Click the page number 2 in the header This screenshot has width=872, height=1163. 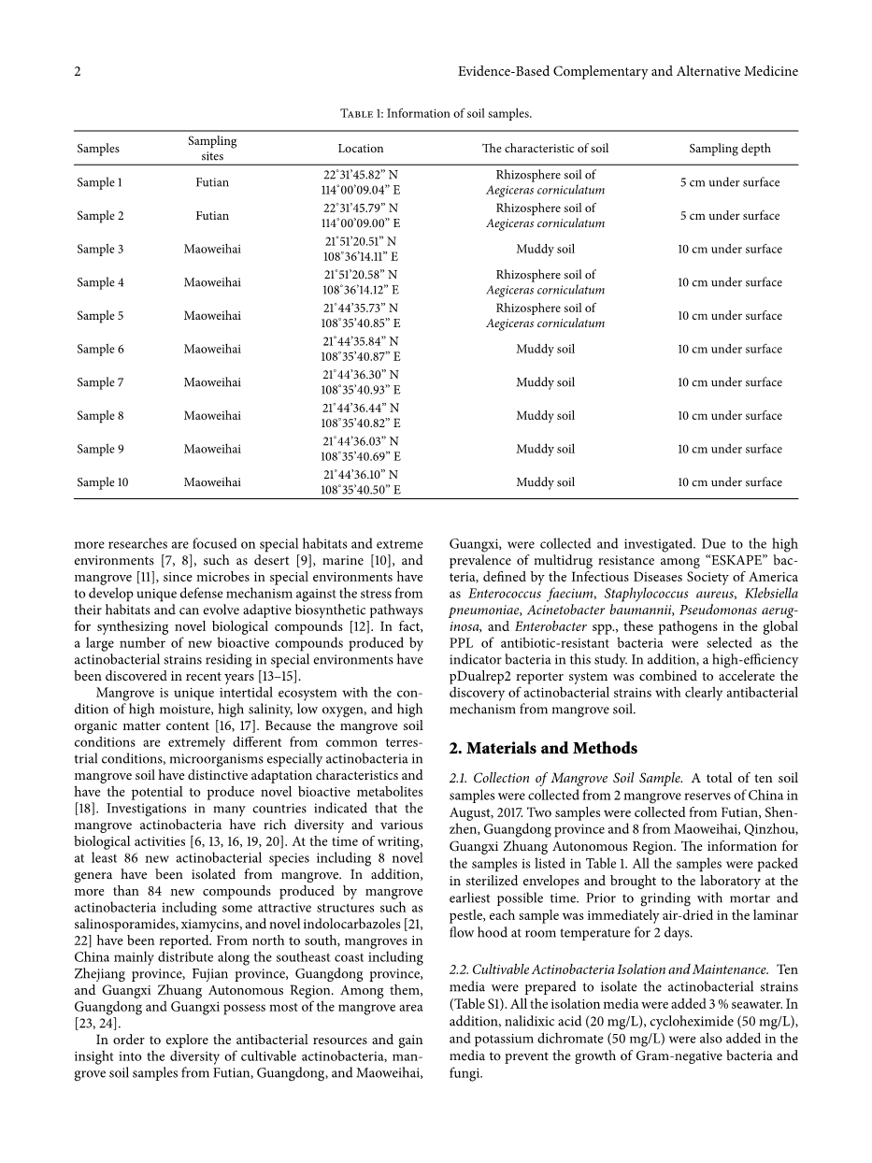pos(79,72)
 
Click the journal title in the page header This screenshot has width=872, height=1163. pos(628,72)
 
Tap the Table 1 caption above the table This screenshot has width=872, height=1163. pos(436,114)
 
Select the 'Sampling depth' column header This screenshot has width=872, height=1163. pos(729,148)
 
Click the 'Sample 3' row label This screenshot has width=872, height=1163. pos(100,250)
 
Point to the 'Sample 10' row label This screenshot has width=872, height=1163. pos(103,482)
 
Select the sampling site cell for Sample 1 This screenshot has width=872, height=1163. pos(212,182)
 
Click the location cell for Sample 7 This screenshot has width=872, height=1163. pos(361,382)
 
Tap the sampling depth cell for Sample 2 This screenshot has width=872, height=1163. pos(729,216)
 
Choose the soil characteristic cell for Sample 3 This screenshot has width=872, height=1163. pos(545,250)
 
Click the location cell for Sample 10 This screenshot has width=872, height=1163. pos(361,482)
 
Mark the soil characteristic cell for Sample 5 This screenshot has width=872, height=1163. pos(545,316)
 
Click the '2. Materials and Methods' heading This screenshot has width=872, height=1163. pos(543,748)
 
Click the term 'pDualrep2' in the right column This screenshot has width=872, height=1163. pos(485,676)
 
